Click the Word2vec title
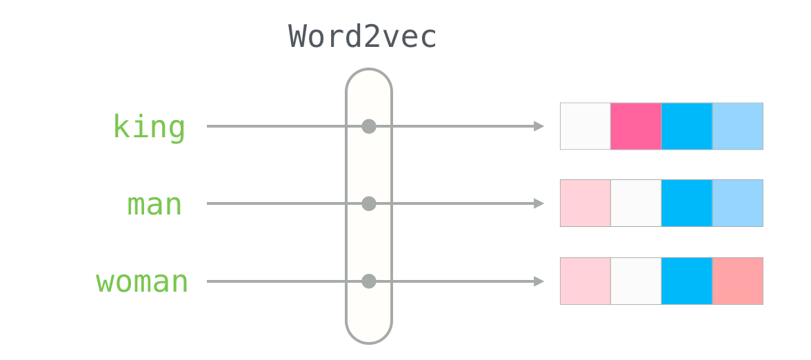coord(363,37)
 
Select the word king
coord(149,127)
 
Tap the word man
coord(154,205)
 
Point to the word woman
coord(142,282)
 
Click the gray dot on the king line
coord(369,126)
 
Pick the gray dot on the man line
coord(369,203)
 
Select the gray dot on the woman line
coord(369,281)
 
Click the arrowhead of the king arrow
coord(539,126)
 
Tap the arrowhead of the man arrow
coord(539,203)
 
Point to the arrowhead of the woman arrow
coord(539,281)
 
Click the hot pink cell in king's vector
coord(636,126)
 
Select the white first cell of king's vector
coord(585,126)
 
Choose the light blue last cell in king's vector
coord(737,126)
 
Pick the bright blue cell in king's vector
coord(686,126)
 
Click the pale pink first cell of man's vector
coord(585,203)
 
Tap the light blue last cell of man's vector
coord(737,203)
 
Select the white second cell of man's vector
coord(636,203)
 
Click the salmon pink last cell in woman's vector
coord(737,281)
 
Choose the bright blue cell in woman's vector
coord(686,281)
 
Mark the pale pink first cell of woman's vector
coord(585,281)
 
